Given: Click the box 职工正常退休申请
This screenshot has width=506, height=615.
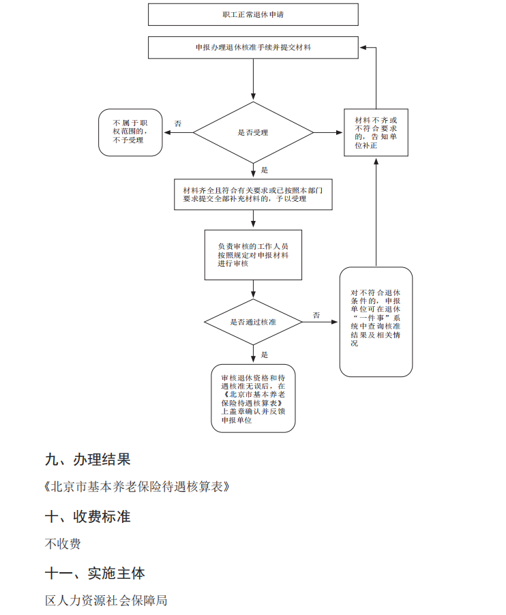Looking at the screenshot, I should pos(254,14).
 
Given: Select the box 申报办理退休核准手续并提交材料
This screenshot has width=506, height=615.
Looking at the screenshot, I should pos(254,48).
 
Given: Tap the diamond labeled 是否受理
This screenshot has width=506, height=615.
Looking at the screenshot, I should pos(253,132).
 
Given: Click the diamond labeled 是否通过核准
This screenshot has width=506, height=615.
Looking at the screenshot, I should pos(253,322).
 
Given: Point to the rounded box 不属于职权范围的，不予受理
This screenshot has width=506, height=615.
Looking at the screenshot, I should pos(131,132).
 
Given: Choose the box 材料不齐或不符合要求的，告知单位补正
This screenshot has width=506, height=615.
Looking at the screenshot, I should pos(376,132).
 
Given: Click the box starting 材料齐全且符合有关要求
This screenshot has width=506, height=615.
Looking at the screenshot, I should pos(253,194).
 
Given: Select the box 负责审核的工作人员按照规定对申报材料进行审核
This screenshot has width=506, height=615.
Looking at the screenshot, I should pos(253,254).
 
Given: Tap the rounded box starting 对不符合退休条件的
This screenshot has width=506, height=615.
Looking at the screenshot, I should pos(376,322).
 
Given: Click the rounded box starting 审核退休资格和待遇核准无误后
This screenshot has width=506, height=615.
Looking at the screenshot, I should pos(253,400).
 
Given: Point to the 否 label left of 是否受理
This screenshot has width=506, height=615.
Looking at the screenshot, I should pos(178,124).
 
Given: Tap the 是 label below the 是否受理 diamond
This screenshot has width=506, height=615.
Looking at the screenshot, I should pos(265,170).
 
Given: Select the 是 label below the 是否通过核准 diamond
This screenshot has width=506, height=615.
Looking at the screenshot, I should pos(265,355).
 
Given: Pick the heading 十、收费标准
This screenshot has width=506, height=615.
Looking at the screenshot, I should pos(87,516).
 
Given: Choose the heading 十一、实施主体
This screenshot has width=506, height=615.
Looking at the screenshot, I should pos(95,573).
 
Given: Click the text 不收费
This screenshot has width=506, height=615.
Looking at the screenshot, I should pos(63,544).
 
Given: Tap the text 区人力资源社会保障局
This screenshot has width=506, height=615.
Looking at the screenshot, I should pos(106,601).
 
